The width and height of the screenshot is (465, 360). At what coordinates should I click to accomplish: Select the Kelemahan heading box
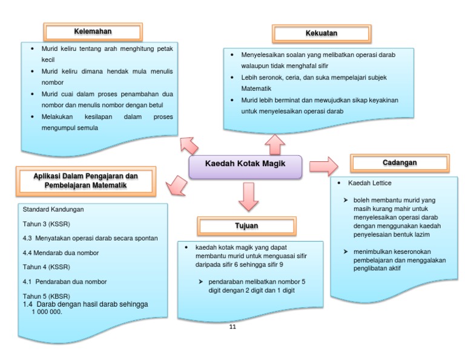click(x=93, y=32)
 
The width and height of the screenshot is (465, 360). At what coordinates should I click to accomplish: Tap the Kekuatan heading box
click(x=322, y=33)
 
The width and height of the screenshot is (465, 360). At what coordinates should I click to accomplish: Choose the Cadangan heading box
click(x=400, y=164)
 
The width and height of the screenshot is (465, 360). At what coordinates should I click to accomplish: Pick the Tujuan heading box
click(x=246, y=225)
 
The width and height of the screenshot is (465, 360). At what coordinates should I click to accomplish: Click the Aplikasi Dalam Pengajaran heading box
click(x=85, y=181)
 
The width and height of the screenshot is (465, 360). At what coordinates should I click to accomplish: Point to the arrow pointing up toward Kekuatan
click(x=275, y=144)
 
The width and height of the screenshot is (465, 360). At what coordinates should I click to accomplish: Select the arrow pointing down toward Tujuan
click(x=248, y=196)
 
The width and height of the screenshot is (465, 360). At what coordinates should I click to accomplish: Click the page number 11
click(x=232, y=327)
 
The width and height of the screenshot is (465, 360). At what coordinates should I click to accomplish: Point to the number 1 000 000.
click(x=47, y=312)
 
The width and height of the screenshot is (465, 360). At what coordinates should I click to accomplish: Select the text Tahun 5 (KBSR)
click(x=46, y=296)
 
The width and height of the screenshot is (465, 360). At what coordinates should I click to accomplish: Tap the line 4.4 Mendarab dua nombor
click(x=61, y=253)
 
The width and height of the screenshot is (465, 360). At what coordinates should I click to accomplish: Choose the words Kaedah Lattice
click(x=370, y=182)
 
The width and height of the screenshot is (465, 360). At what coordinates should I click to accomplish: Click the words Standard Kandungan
click(x=53, y=209)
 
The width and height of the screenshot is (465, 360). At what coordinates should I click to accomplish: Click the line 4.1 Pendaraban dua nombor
click(x=64, y=281)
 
